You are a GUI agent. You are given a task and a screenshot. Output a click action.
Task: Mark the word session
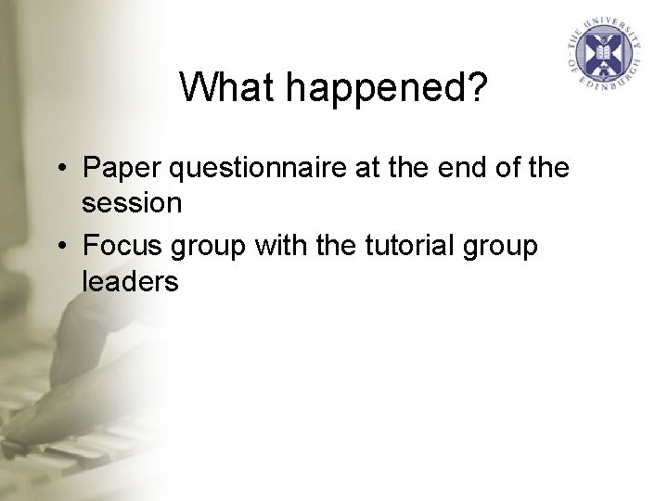(131, 203)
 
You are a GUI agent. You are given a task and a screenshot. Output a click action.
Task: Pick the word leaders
(130, 281)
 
